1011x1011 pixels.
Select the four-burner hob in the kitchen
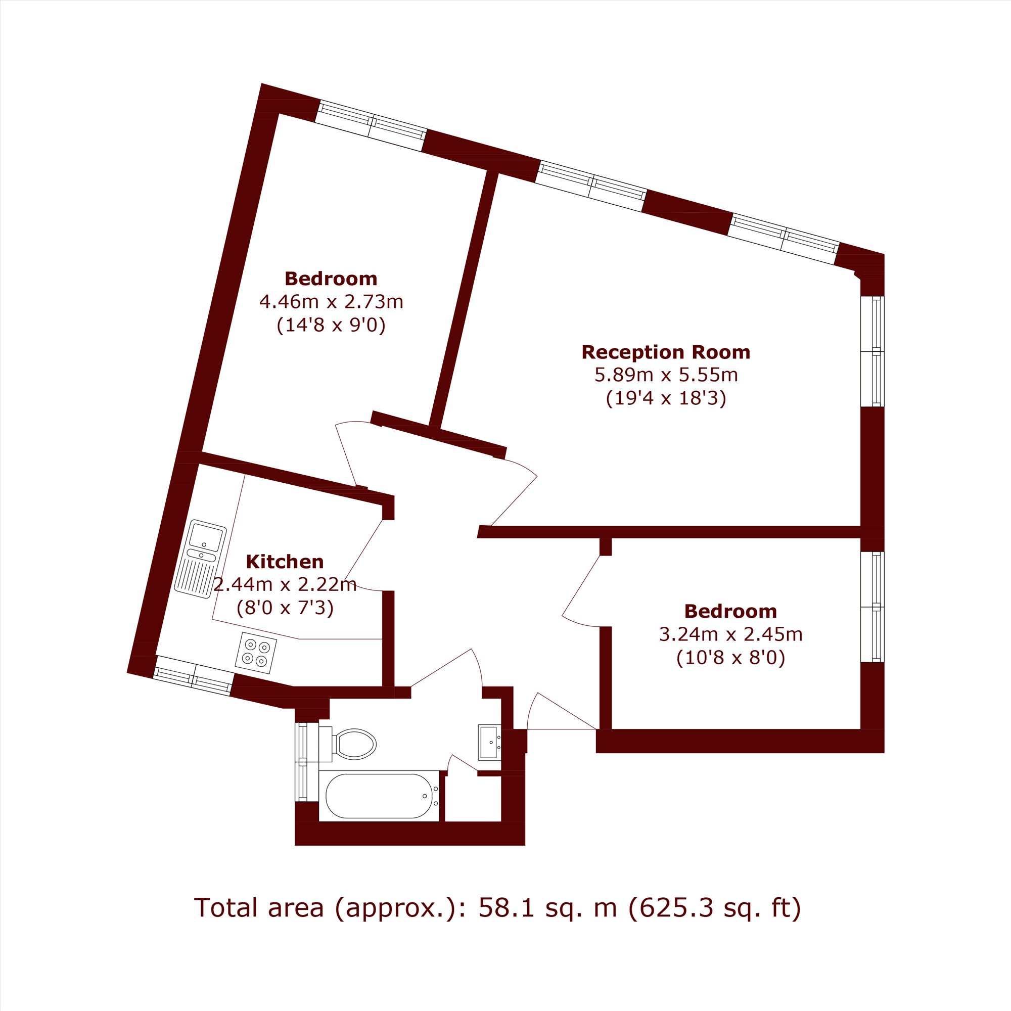click(x=256, y=653)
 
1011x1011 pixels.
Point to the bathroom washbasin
click(x=490, y=742)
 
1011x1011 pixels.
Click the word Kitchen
click(x=285, y=562)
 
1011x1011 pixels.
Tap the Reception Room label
click(x=666, y=352)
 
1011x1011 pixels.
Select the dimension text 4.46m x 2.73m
click(x=331, y=302)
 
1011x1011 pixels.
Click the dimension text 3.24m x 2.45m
click(x=730, y=634)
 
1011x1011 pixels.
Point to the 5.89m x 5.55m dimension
click(x=666, y=375)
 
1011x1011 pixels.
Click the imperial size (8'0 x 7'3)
click(x=285, y=608)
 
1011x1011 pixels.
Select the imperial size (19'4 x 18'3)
click(x=666, y=399)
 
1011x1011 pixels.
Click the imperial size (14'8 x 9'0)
click(x=331, y=326)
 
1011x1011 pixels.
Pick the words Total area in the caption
click(x=259, y=908)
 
